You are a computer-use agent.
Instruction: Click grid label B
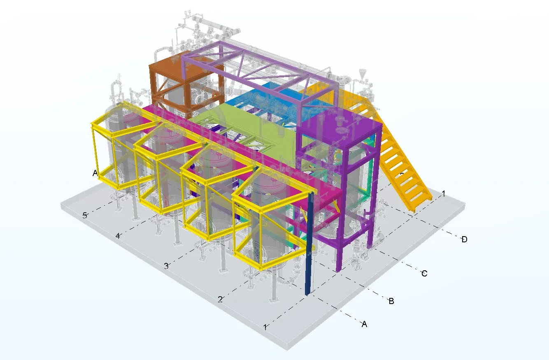point(391,302)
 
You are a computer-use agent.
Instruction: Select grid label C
point(424,274)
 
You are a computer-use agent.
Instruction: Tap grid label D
point(464,239)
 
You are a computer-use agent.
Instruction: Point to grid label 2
point(220,300)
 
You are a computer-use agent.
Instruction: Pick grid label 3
point(166,266)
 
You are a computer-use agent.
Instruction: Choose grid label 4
point(118,236)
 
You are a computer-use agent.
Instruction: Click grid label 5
point(85,215)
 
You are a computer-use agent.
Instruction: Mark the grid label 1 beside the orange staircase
point(444,193)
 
